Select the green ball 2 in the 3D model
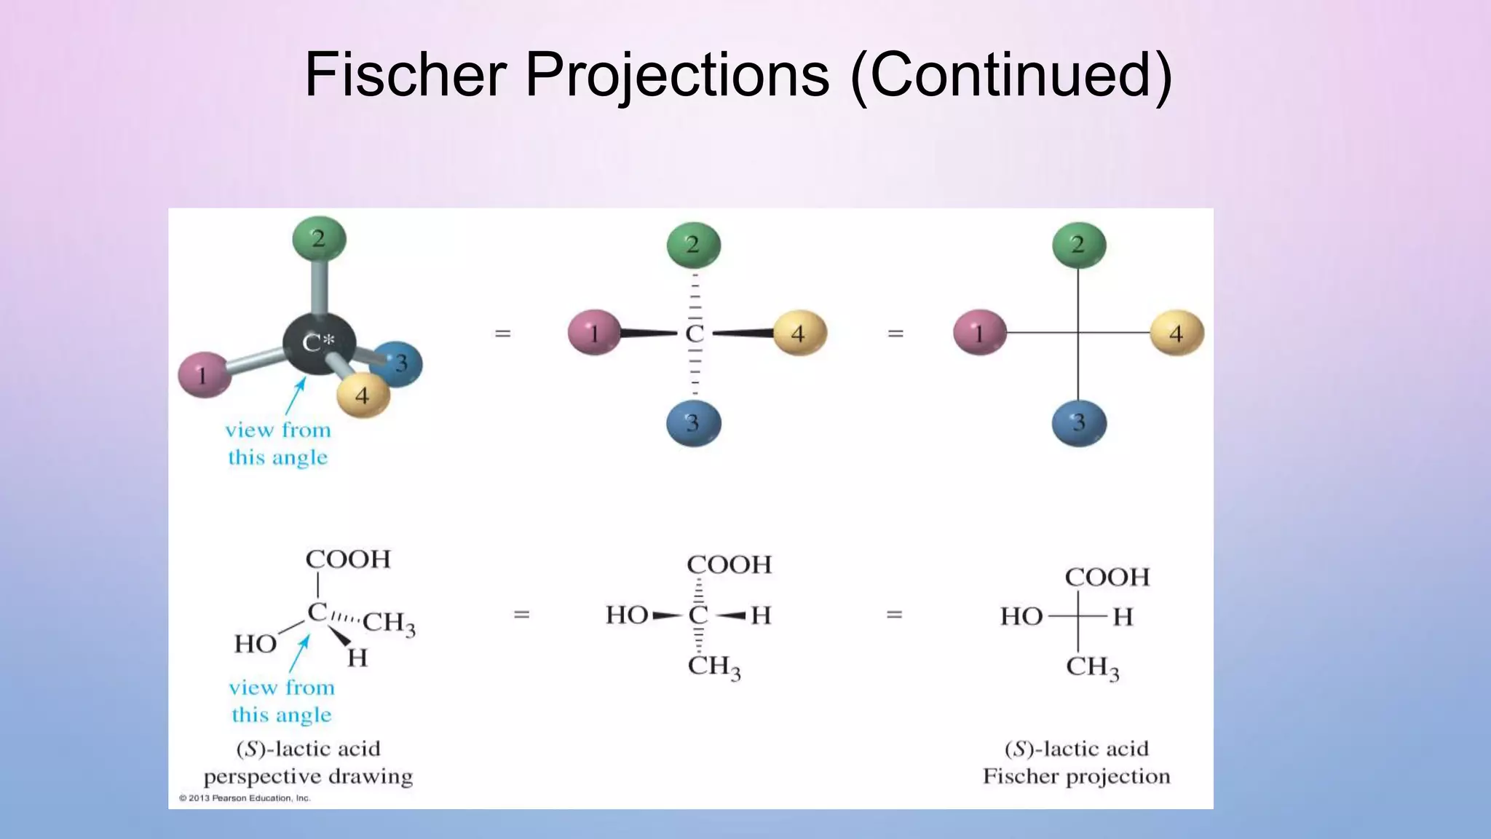[319, 238]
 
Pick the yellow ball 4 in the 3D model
[363, 395]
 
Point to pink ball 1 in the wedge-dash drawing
[594, 333]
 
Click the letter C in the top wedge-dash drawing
[695, 334]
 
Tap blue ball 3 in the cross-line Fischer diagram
[1079, 422]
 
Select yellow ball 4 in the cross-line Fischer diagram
[1176, 333]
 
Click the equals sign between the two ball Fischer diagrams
[895, 334]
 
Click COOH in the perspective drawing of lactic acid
[348, 559]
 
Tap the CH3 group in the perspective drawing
[389, 623]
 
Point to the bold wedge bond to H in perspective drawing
[339, 636]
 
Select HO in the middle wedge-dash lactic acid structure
[627, 615]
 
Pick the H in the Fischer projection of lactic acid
[1123, 617]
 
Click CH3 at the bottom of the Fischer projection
[1092, 667]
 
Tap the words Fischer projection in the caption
[1076, 776]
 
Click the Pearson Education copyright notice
[245, 798]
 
